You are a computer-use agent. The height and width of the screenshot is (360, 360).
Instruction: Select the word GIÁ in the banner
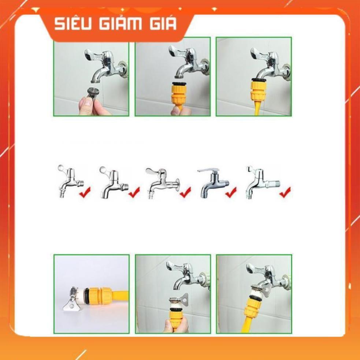click(162, 24)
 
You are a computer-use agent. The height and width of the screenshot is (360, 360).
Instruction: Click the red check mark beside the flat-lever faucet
click(231, 192)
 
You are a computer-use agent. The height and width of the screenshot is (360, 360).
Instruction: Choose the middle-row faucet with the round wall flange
click(161, 181)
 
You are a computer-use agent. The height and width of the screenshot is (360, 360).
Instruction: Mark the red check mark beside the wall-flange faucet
click(185, 192)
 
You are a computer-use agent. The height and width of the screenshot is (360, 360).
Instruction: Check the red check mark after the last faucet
click(285, 192)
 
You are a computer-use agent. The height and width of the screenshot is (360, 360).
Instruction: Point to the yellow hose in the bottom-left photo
click(119, 294)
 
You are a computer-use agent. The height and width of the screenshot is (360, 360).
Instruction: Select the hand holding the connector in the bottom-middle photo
click(176, 324)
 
